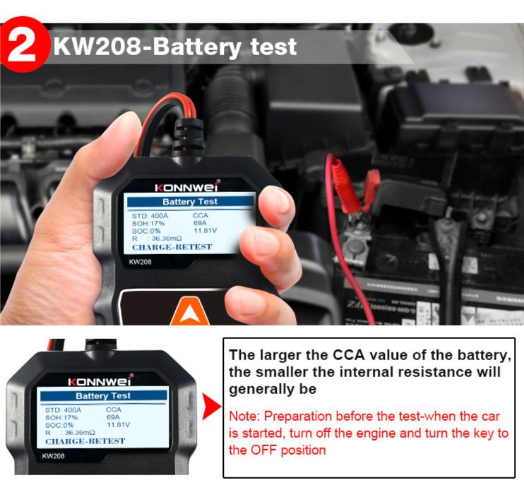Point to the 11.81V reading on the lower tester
coord(118,425)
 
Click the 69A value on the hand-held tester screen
coord(200,222)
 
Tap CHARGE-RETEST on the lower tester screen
coord(85,441)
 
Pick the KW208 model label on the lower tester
coord(54,456)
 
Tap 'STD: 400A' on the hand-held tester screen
coord(150,214)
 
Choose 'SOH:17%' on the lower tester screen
coord(61,417)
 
